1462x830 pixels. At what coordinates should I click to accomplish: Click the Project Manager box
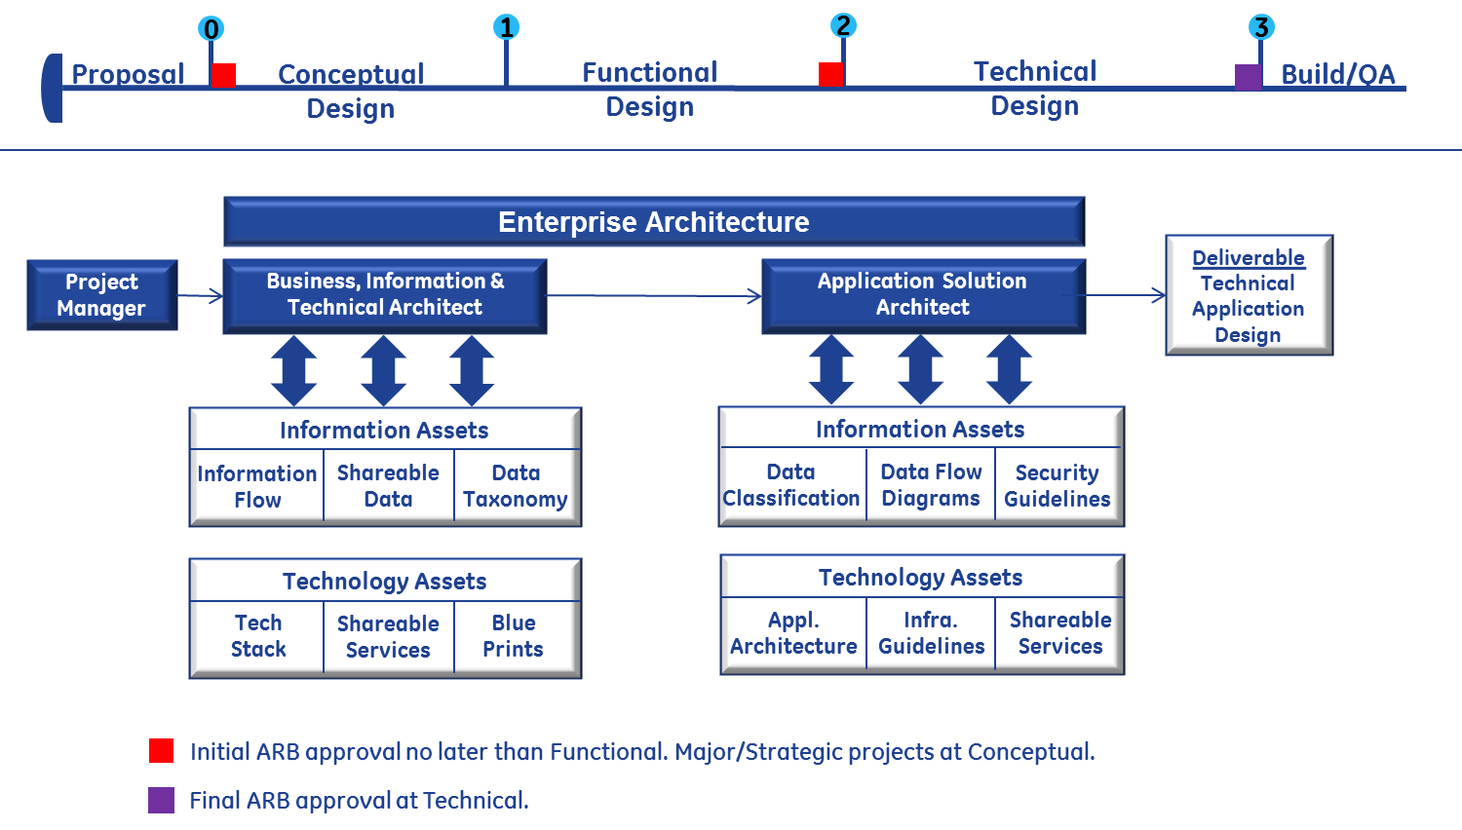101,295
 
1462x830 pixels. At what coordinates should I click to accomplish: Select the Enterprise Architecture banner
653,222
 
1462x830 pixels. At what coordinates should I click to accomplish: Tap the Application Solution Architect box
922,295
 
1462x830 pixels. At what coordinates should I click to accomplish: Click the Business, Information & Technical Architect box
384,295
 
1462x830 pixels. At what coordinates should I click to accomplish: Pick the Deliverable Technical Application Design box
1249,295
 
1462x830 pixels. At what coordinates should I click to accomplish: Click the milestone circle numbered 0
211,28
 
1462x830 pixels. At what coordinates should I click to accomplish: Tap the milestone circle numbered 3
1261,27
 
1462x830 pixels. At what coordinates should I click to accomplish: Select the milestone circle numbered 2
843,26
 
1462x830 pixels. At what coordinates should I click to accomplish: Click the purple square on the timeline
1248,77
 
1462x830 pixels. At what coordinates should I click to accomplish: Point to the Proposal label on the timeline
128,74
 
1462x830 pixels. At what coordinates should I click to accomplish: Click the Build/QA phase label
1337,74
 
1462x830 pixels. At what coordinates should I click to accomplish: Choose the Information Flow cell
257,486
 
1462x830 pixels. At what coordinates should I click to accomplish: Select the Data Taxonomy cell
516,486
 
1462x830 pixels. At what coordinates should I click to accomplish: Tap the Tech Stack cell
258,636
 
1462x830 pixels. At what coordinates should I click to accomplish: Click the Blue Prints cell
514,636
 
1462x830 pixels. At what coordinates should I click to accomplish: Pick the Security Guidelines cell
1058,485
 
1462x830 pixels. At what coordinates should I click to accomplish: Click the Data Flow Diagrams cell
931,485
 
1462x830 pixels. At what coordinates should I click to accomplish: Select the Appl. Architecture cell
793,633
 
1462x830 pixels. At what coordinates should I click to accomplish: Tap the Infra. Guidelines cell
931,633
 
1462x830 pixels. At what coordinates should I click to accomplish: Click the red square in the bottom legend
161,750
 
